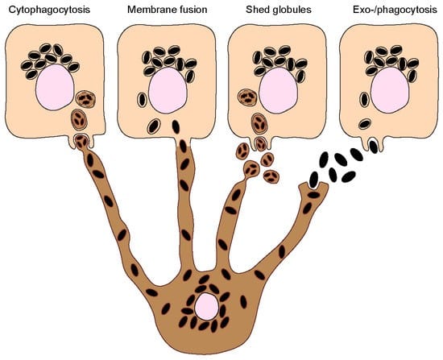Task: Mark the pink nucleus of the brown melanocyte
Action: click(x=206, y=306)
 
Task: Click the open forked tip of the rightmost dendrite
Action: click(x=315, y=190)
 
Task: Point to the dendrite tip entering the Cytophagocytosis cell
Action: click(x=82, y=143)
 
